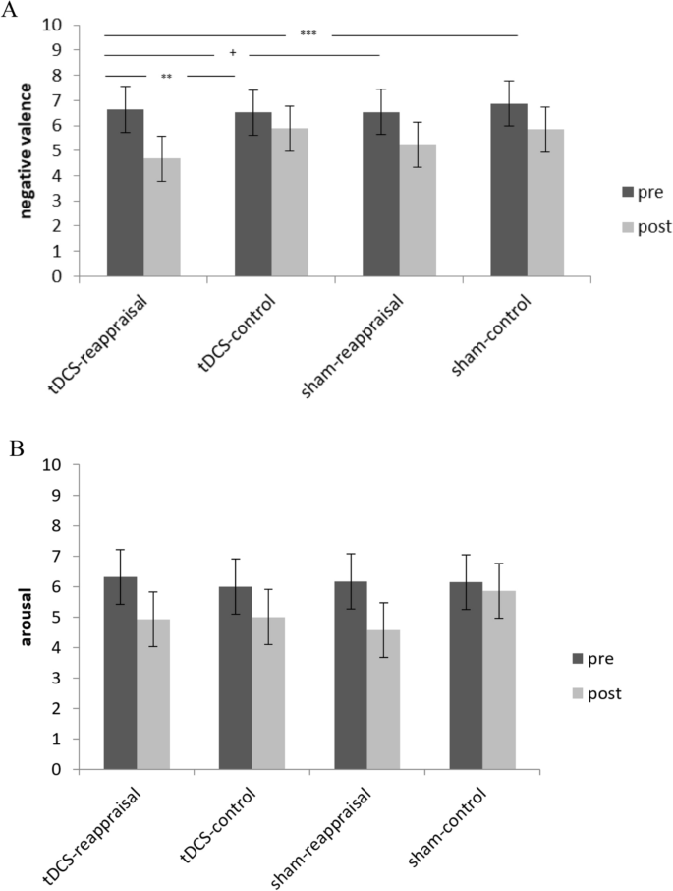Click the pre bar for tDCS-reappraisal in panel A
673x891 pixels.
[125, 193]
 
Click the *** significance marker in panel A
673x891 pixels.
[308, 34]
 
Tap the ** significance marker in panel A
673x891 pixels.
[167, 76]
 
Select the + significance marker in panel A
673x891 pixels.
[232, 55]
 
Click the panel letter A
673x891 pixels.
[11, 11]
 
